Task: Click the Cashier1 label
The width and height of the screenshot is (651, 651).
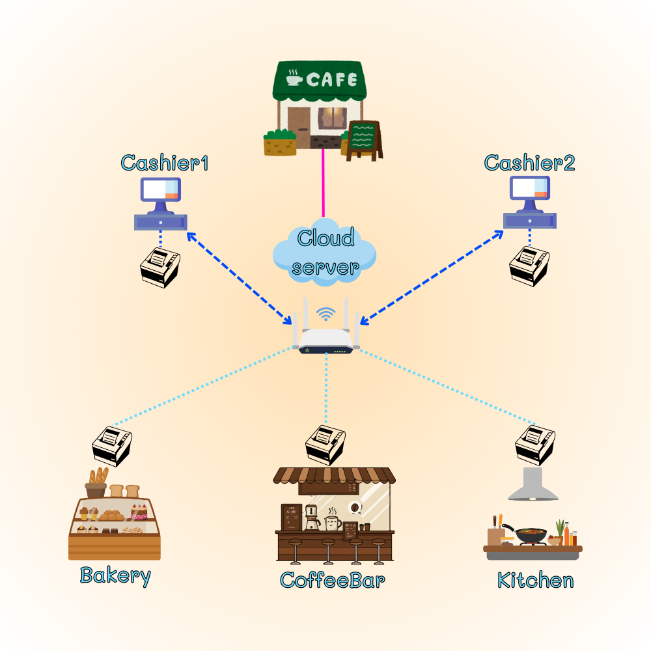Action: pos(165,163)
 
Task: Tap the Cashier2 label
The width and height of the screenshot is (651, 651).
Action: pos(529,163)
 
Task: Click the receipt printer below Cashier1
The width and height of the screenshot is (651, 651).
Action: pos(160,268)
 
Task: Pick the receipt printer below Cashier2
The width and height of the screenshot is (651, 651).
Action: pos(529,266)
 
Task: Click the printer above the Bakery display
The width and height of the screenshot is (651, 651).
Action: pos(111,446)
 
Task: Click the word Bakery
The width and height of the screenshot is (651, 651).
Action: pos(115,575)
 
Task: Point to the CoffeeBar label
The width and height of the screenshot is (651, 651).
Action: pos(332,579)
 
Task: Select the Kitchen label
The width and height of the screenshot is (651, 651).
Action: pos(535,580)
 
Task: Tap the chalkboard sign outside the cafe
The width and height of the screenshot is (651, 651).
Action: pos(363,139)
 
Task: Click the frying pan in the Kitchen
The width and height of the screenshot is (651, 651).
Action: pos(531,534)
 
